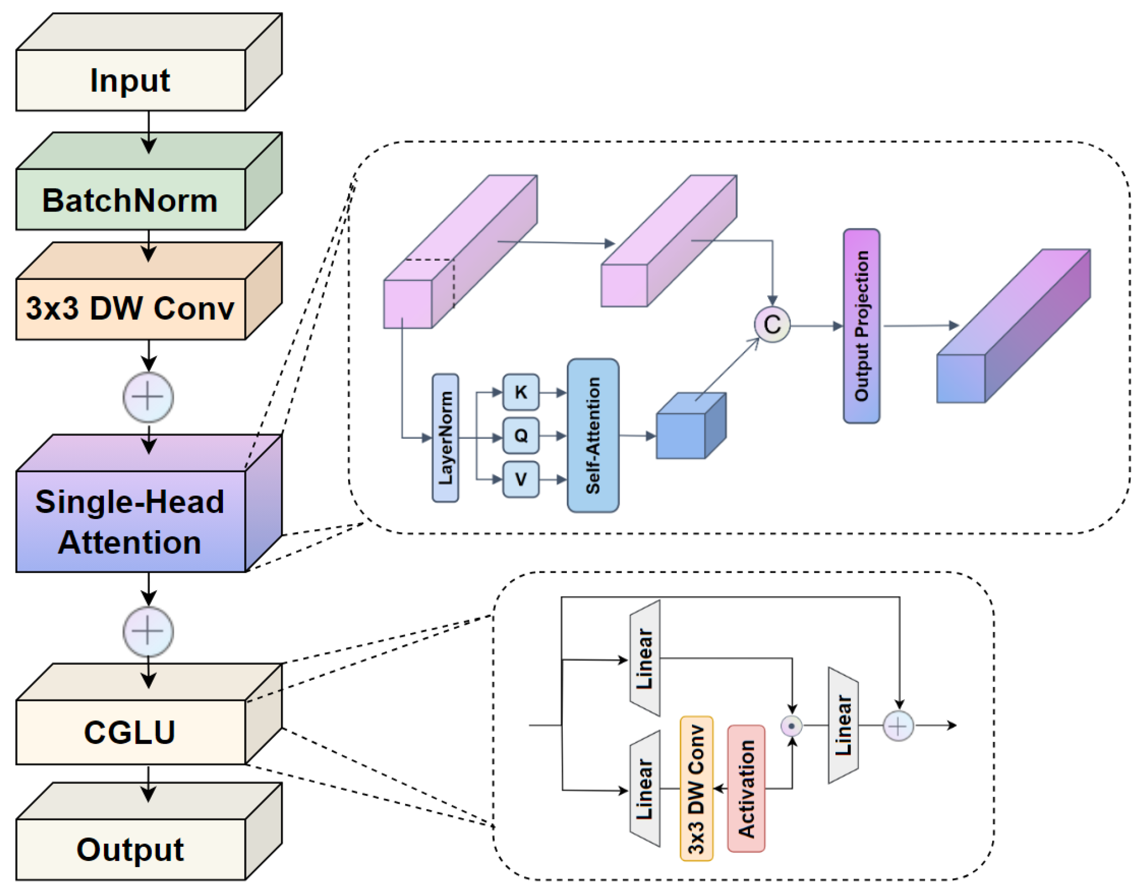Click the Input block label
[130, 80]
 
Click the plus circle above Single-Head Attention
[148, 397]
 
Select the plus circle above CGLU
[148, 631]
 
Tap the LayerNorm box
[446, 438]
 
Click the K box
[521, 392]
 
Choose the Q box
[521, 435]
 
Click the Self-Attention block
[593, 435]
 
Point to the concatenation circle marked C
[772, 325]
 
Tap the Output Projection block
[862, 325]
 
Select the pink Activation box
[746, 788]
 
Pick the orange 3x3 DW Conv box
[696, 788]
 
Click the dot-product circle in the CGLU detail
[791, 726]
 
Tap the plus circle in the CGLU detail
[898, 726]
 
